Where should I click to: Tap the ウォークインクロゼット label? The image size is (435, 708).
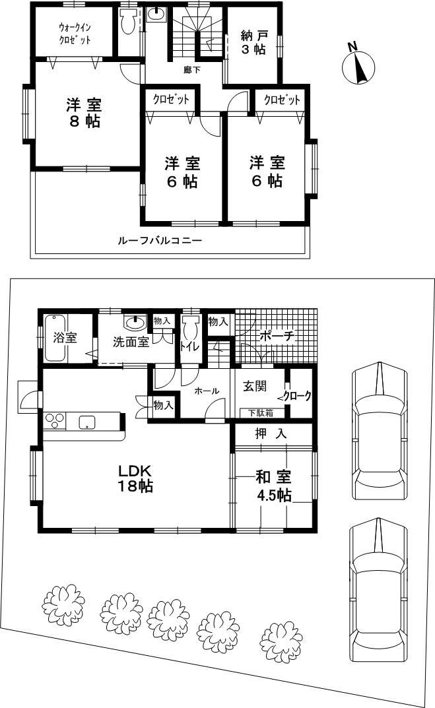point(75,33)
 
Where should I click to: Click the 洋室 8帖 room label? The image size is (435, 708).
point(83,112)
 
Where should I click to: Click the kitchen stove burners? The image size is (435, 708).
point(55,420)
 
